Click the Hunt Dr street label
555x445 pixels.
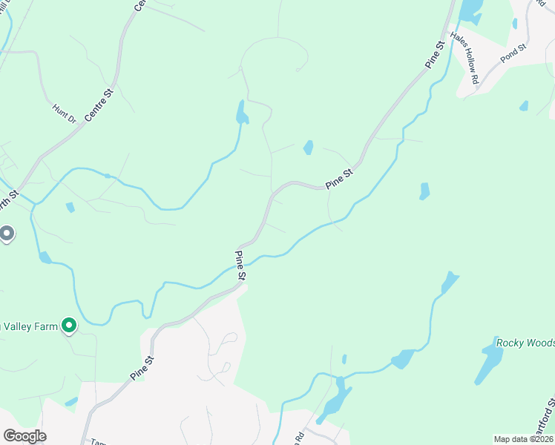65,113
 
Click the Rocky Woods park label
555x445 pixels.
525,343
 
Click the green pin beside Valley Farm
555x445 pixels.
69,325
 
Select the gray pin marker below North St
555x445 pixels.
7,234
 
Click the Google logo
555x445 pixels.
24,436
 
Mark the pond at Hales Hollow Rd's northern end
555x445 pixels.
469,10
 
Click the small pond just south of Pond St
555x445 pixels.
524,106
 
